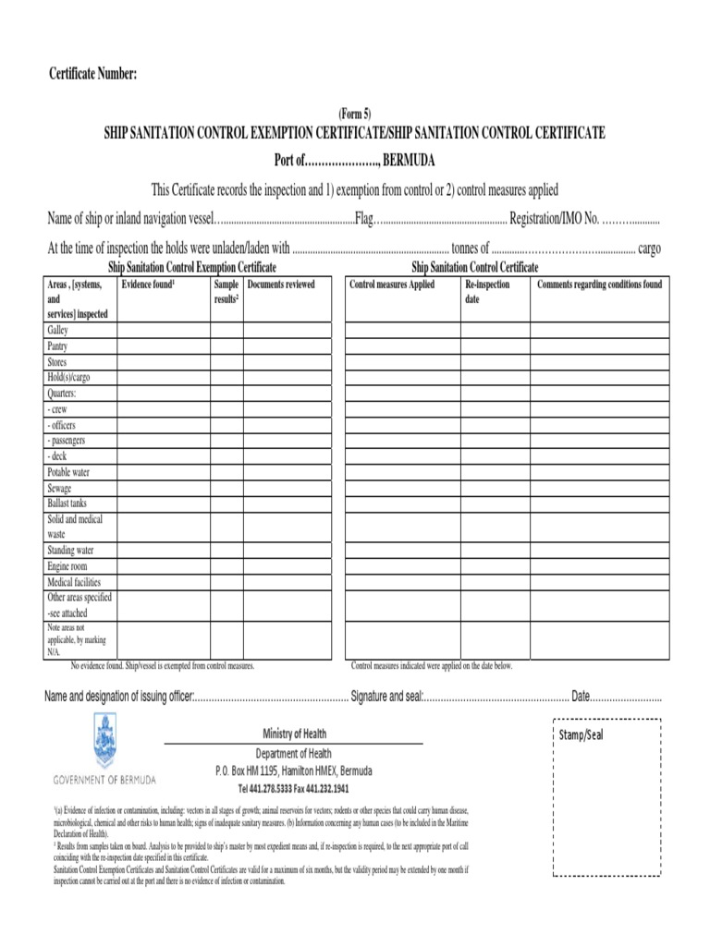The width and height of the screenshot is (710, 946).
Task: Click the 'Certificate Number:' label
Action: pos(92,74)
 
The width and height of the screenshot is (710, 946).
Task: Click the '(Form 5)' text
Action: pos(354,115)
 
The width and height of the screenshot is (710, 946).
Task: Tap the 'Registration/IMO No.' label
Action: pos(556,220)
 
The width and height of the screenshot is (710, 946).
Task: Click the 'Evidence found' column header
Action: pos(148,285)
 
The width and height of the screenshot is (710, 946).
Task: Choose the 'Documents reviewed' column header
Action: pos(282,285)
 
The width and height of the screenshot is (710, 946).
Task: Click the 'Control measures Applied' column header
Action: pos(392,285)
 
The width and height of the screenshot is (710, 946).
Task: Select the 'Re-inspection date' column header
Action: pos(487,293)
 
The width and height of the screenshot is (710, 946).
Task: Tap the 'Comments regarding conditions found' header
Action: pos(599,285)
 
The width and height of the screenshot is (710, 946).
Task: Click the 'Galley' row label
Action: pos(57,331)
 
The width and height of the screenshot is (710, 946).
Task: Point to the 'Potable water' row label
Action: pos(68,472)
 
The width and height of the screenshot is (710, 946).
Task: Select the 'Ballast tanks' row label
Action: pos(67,503)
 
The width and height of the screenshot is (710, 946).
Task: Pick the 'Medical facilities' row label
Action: pos(74,583)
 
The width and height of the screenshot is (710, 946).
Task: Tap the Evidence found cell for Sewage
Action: pos(163,488)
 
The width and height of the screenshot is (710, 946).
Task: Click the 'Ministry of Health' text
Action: pos(294,734)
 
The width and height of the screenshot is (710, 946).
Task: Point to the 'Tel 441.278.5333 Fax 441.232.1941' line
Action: pos(293,790)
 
